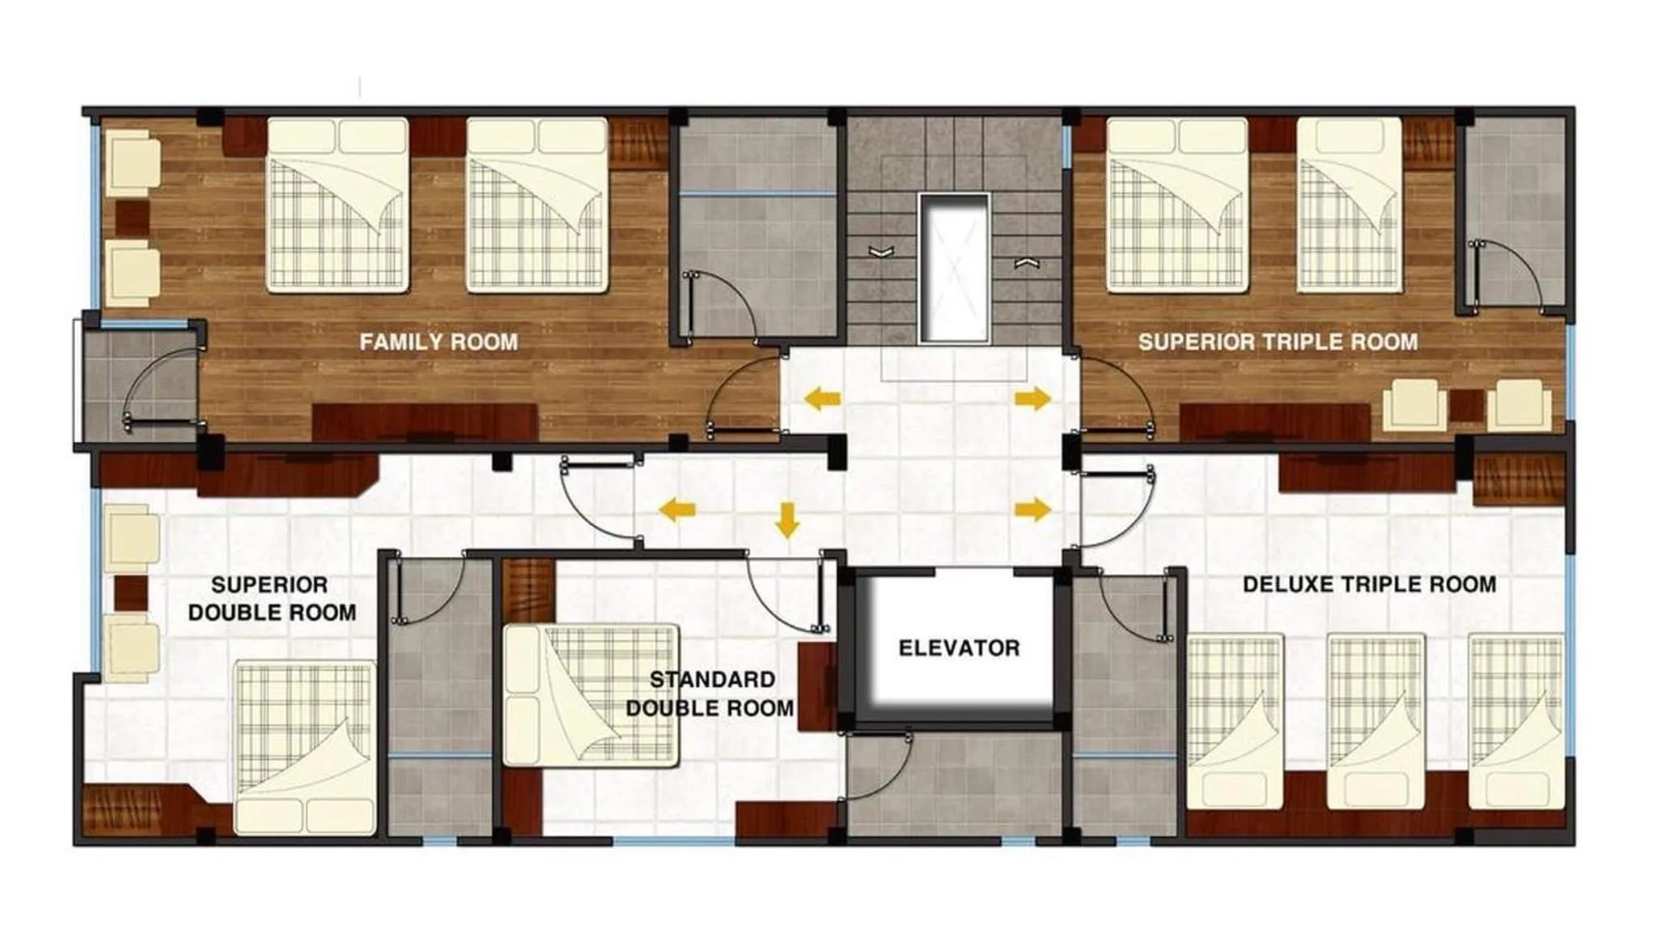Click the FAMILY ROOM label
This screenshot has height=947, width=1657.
(x=439, y=342)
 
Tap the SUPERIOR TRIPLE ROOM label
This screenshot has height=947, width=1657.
(x=1278, y=342)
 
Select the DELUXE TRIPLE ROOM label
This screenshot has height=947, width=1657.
(x=1369, y=584)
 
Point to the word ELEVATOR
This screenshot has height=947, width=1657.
(x=959, y=648)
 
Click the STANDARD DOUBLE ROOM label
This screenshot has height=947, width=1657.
(x=710, y=694)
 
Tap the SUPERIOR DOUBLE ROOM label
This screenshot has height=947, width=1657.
(x=272, y=598)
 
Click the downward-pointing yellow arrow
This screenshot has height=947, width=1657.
(x=786, y=520)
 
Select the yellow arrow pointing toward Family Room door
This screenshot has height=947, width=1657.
(x=822, y=398)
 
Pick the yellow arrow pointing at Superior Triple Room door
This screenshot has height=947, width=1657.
(x=1033, y=398)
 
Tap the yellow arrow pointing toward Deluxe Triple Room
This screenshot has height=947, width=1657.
(x=1033, y=509)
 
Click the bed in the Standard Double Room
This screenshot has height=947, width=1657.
(x=590, y=694)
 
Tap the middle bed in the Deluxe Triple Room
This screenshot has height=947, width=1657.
(x=1375, y=720)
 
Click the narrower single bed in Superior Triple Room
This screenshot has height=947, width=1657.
(x=1349, y=204)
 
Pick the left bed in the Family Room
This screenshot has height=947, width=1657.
(x=337, y=204)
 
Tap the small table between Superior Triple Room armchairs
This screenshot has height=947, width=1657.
(x=1466, y=406)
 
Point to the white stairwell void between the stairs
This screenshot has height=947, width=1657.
(x=954, y=268)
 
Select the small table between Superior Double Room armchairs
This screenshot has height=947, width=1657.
(x=130, y=592)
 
